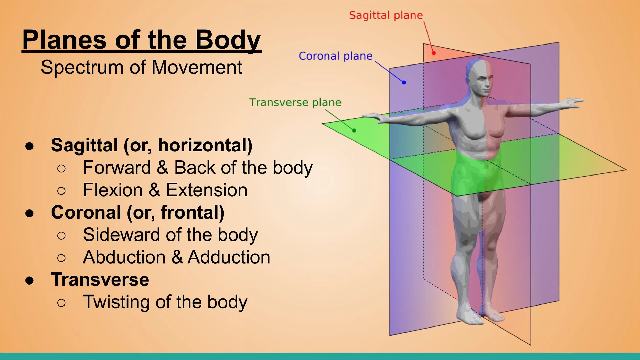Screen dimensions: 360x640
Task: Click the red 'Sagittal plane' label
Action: click(x=386, y=15)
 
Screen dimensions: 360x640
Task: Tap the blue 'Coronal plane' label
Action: click(x=335, y=56)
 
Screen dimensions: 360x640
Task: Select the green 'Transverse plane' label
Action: click(x=295, y=102)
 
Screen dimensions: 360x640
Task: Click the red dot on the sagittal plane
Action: click(x=434, y=53)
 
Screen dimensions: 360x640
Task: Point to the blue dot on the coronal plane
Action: click(x=404, y=82)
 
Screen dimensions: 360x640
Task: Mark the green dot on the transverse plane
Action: click(x=354, y=130)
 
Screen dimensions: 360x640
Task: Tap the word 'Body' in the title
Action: click(x=228, y=40)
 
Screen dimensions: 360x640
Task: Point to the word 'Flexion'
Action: click(x=113, y=190)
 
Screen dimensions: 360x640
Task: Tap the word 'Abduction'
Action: click(x=124, y=257)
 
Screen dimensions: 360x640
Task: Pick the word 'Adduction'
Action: click(x=229, y=257)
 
